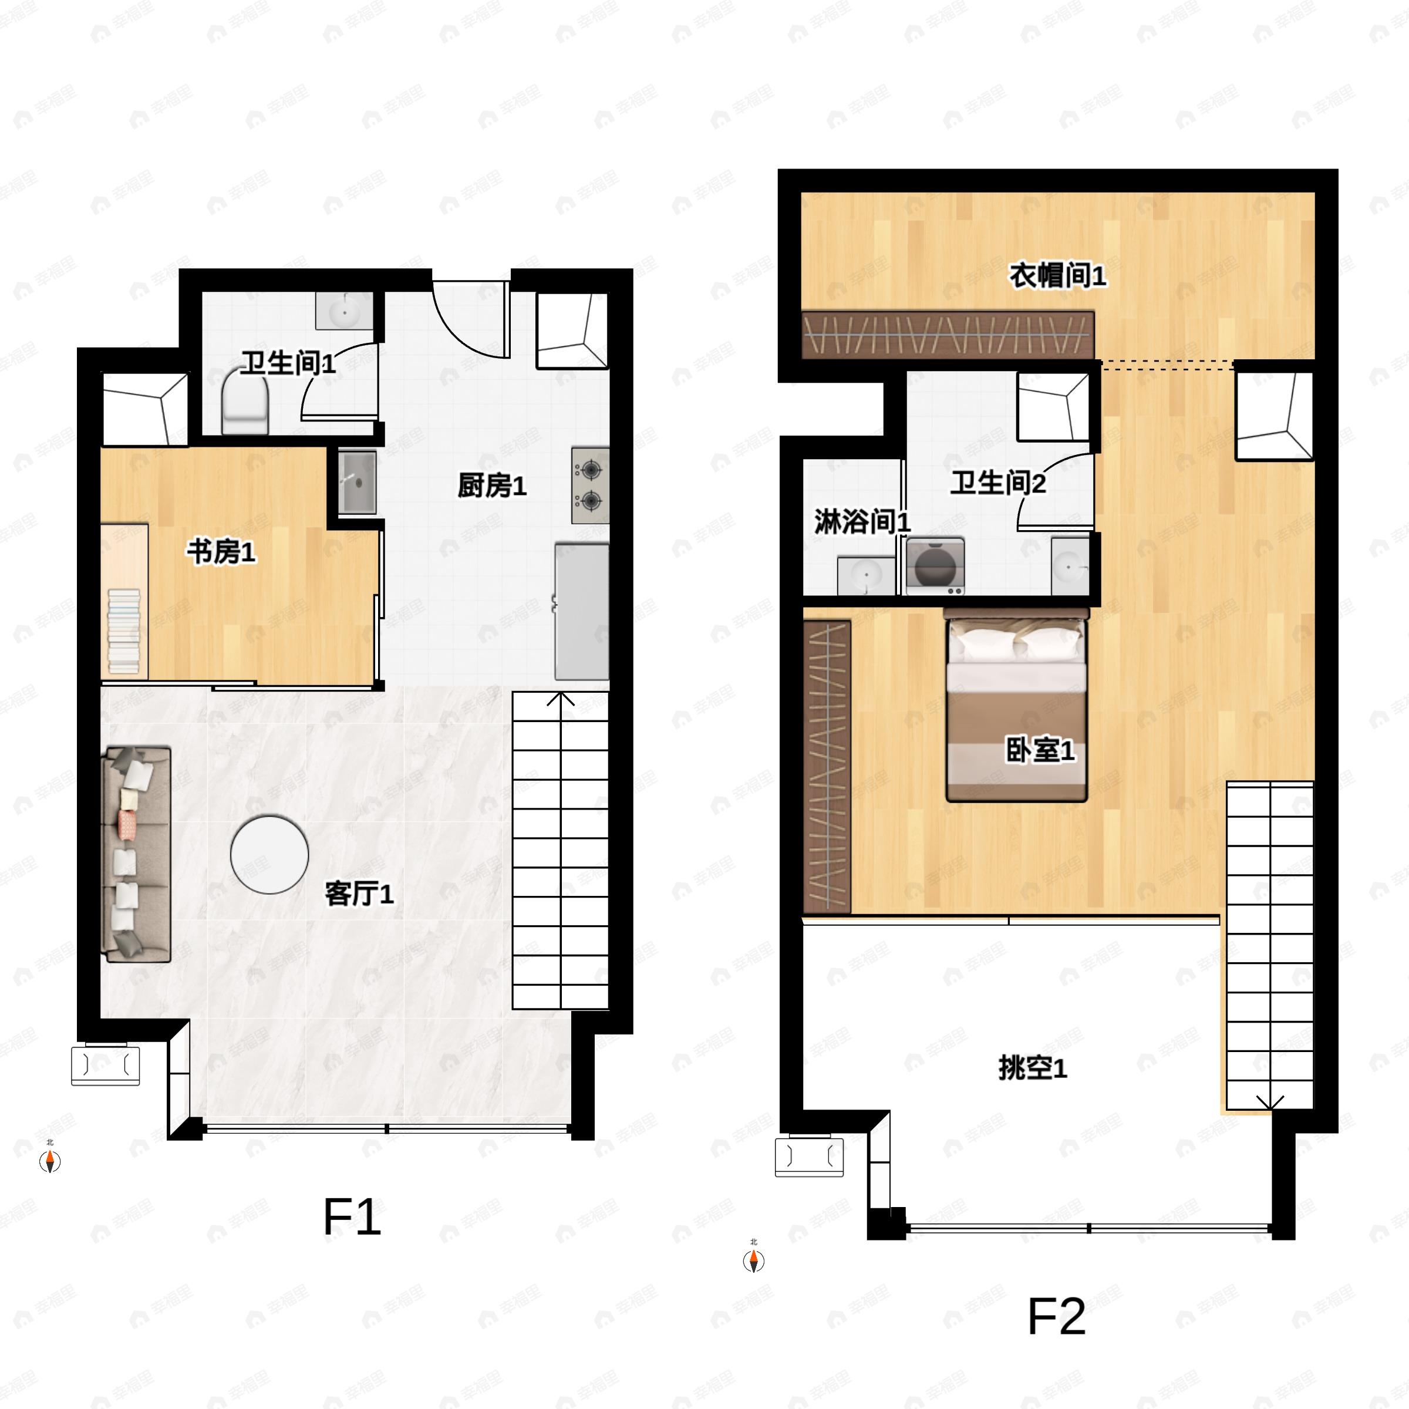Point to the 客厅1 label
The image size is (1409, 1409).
[x=359, y=894]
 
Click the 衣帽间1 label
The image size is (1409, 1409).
[x=1057, y=276]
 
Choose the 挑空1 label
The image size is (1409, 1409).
[x=1033, y=1068]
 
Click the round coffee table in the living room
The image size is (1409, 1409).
[x=269, y=855]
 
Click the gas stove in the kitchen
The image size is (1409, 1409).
[x=590, y=485]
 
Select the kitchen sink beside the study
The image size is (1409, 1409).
[x=358, y=482]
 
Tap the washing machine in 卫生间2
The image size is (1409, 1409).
[x=935, y=566]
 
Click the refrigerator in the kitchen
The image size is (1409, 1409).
[x=582, y=611]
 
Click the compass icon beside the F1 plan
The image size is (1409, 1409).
[x=49, y=1160]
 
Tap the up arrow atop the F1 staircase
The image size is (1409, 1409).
[x=560, y=699]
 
